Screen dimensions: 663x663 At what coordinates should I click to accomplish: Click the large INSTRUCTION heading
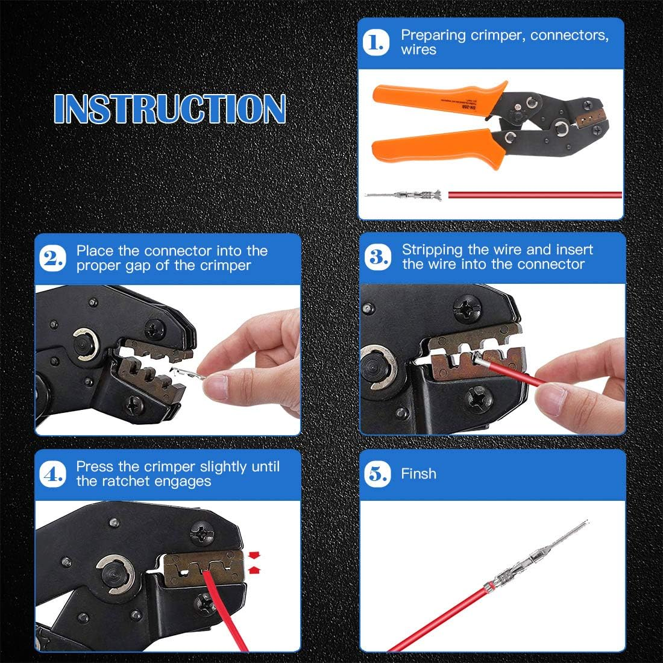[169, 109]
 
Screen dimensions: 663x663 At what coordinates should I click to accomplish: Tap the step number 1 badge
[377, 43]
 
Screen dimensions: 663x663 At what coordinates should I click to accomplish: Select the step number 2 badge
[52, 259]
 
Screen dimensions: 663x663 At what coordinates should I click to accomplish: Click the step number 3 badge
[378, 258]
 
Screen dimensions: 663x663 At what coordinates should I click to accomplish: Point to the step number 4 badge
[52, 474]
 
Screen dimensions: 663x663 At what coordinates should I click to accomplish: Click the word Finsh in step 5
[418, 474]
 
